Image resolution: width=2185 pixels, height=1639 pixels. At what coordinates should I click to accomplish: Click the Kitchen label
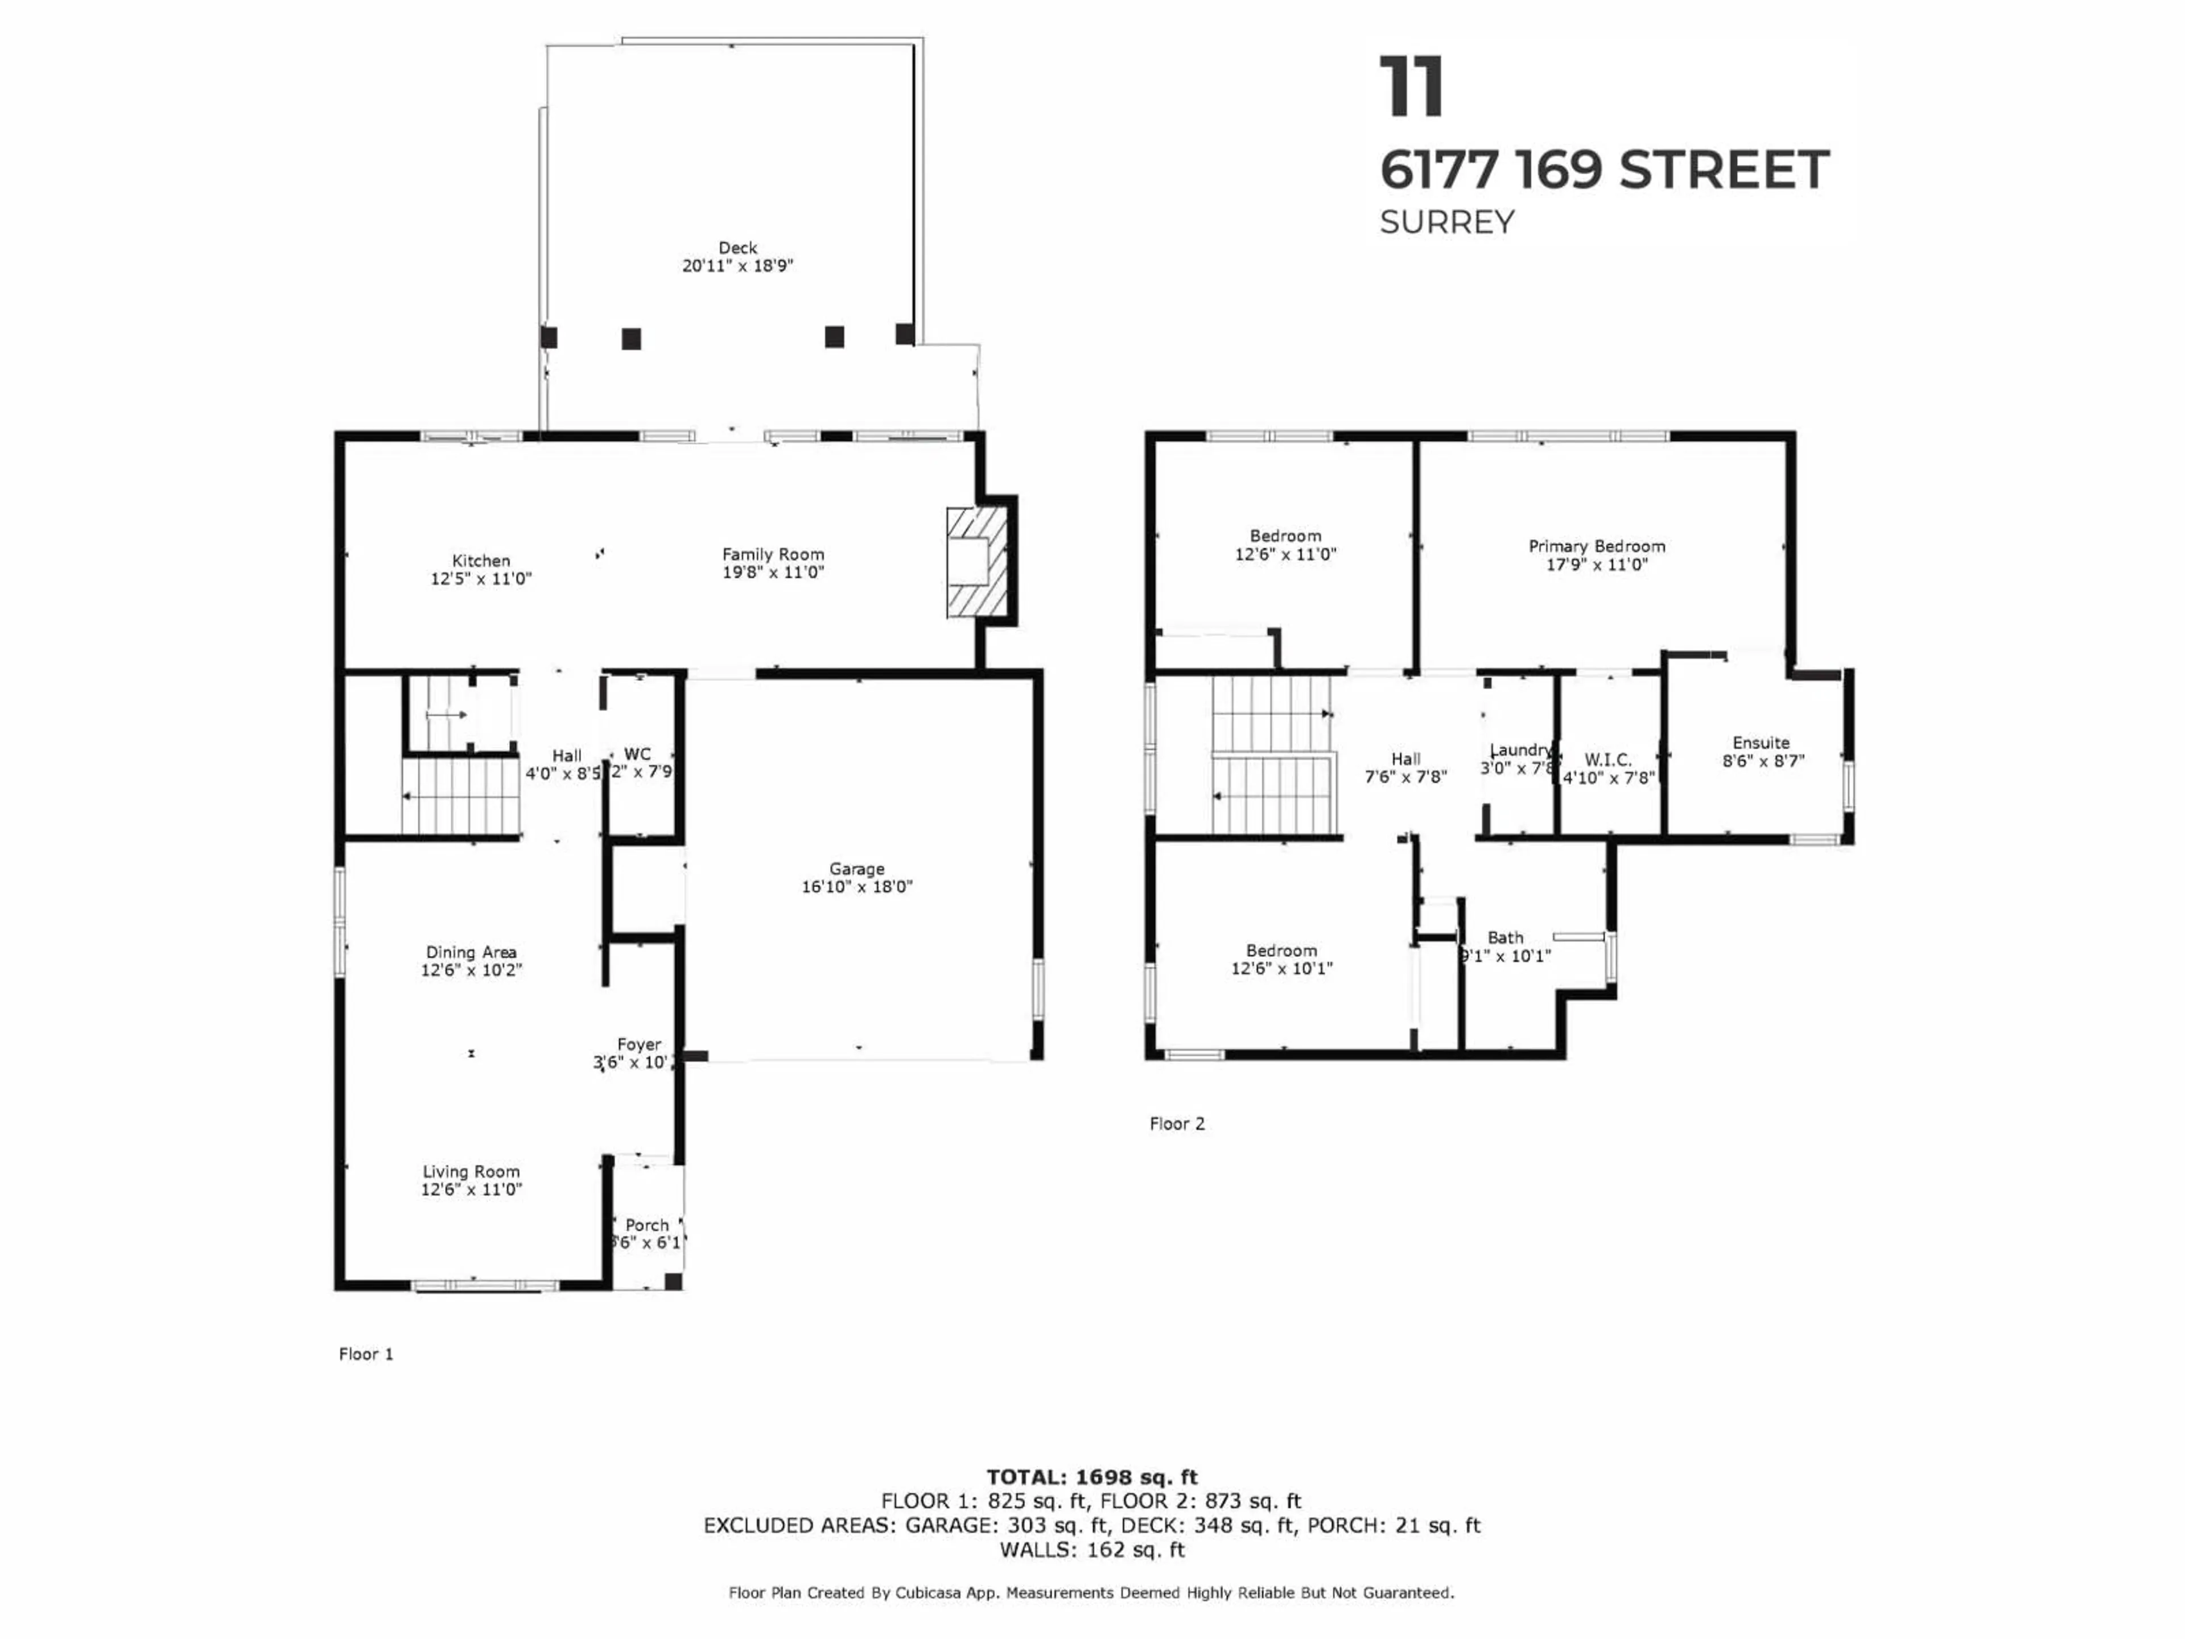tap(481, 560)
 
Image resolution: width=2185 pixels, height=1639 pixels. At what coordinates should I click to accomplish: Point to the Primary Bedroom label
tap(1596, 546)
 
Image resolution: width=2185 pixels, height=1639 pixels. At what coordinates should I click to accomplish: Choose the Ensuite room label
tap(1761, 742)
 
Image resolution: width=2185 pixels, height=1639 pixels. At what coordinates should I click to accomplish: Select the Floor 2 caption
tap(1177, 1123)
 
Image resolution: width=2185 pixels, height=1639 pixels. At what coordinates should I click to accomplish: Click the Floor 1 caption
tap(365, 1353)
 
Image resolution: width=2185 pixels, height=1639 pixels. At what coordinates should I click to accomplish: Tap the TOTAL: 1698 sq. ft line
tap(1091, 1477)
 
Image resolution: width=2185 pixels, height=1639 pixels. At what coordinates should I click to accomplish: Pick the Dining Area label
tap(471, 952)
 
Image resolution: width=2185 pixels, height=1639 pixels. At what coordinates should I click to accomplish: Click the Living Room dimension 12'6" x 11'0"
tap(471, 1189)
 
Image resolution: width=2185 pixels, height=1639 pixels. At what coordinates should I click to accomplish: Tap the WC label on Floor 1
tap(637, 754)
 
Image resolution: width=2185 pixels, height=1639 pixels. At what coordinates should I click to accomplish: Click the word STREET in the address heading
tap(1724, 170)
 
